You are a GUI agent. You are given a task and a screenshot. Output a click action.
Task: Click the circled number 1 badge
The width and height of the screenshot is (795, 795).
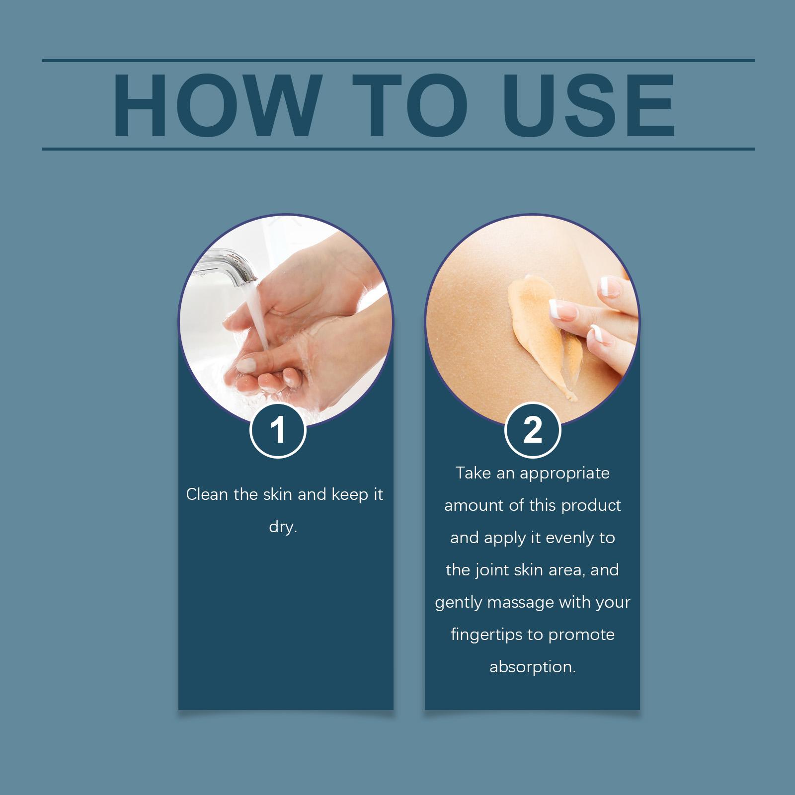[x=278, y=430]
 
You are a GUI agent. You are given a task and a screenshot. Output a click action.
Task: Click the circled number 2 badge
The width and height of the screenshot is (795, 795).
[x=533, y=430]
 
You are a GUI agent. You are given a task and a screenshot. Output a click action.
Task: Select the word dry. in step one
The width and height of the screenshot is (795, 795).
[x=283, y=527]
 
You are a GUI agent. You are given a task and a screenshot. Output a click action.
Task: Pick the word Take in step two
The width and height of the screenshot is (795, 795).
[x=473, y=473]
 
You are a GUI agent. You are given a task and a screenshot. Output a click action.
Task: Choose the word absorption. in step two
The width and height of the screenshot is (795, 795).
[x=533, y=667]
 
